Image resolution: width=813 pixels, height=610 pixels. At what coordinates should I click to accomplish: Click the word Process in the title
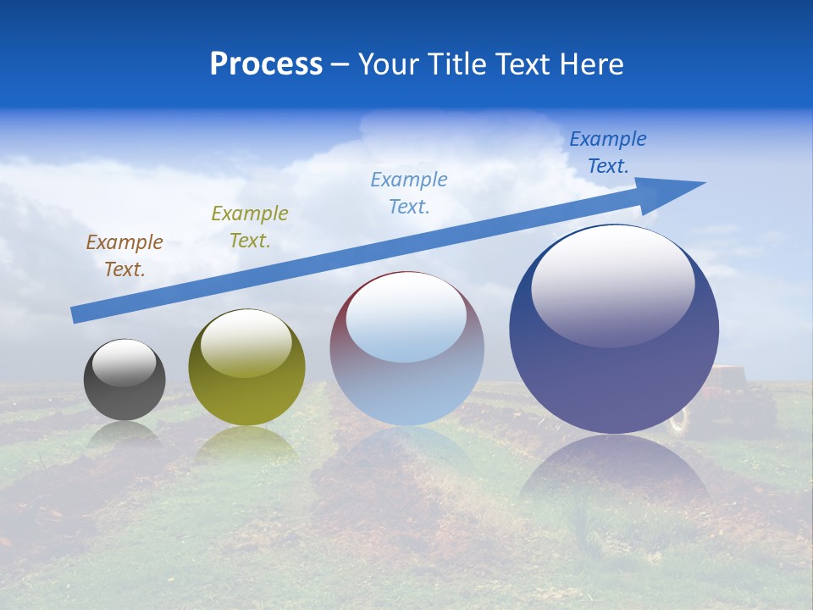266,64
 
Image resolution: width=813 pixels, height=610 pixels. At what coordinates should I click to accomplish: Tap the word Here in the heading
592,64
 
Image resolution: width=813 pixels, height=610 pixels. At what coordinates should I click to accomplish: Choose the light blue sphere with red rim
406,381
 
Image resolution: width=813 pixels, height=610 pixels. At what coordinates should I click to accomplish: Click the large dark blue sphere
614,373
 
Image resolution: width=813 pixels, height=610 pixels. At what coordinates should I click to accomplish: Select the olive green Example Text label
250,227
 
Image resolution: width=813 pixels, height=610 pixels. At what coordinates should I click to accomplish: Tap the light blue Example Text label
409,193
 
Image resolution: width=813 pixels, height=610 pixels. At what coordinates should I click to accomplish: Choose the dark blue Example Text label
608,152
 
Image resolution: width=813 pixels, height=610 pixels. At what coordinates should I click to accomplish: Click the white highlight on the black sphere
124,363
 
